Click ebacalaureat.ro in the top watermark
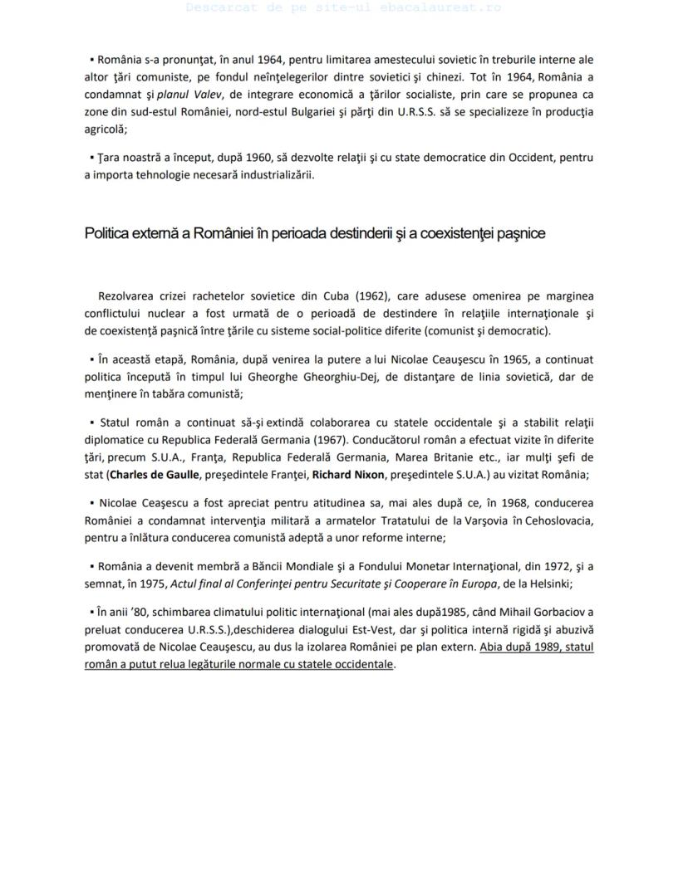pos(454,7)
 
